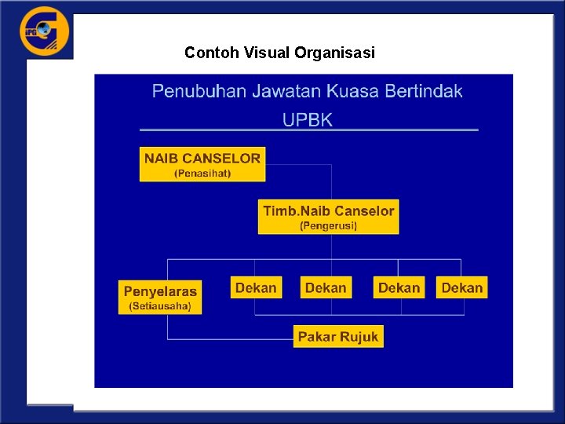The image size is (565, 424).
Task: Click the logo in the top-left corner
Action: [44, 31]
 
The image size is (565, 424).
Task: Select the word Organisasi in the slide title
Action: [335, 53]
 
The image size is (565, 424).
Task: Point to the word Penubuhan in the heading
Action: [199, 91]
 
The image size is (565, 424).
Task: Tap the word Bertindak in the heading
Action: [424, 91]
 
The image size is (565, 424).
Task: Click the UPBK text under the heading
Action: [308, 119]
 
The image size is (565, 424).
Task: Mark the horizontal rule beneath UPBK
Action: [308, 130]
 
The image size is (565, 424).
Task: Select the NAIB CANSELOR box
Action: [202, 164]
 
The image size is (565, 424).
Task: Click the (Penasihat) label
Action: [202, 173]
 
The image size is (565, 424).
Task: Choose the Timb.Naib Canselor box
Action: [328, 217]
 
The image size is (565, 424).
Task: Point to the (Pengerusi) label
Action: [328, 225]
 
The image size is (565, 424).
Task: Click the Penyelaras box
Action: [160, 298]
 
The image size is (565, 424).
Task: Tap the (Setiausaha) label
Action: [160, 306]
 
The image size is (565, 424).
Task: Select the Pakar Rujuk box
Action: [338, 337]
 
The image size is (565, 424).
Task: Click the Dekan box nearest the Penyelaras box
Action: [256, 287]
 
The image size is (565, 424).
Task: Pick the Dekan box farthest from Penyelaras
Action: [461, 287]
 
